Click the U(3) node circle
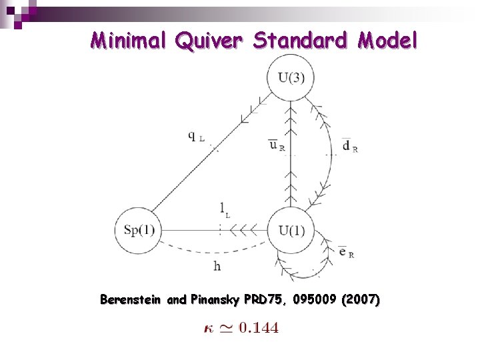291,78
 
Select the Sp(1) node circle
139,231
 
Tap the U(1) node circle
291,231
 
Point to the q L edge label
196,137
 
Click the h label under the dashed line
217,265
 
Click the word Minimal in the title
129,41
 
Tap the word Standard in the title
300,41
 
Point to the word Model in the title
387,41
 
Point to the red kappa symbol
207,327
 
